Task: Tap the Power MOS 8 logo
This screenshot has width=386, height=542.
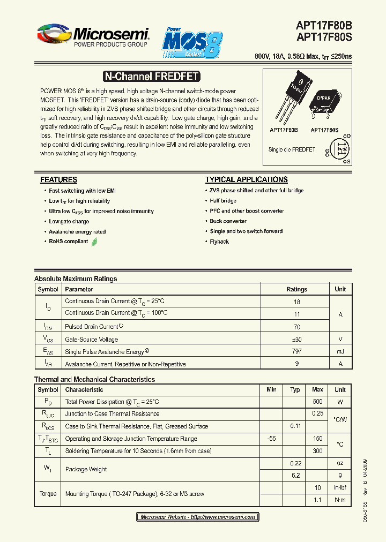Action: click(191, 43)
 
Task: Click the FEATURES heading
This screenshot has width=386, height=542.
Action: click(58, 180)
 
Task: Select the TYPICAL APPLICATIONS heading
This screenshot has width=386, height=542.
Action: click(246, 180)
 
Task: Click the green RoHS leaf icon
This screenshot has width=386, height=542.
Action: click(94, 242)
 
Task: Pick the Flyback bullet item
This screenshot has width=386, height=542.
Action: click(219, 242)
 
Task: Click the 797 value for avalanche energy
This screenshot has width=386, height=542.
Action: click(296, 351)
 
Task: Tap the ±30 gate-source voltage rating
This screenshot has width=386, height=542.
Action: click(296, 339)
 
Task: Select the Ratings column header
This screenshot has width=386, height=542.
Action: click(296, 289)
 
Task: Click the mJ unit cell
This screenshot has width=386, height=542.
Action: click(340, 351)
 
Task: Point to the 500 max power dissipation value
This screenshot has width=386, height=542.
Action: click(317, 402)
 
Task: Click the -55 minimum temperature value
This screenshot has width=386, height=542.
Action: click(271, 439)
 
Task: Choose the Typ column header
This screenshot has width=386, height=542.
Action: click(295, 389)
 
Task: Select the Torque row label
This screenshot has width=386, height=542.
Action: click(48, 494)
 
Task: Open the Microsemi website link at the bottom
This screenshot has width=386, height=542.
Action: click(197, 517)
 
